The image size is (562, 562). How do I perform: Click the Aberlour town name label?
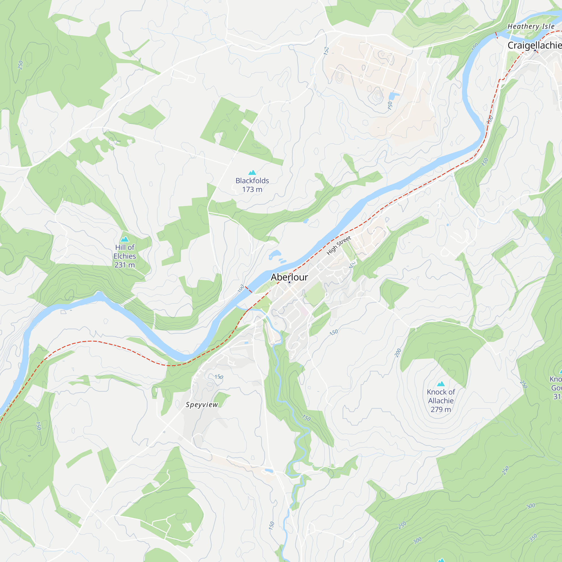click(289, 277)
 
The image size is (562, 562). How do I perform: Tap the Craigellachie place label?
click(534, 45)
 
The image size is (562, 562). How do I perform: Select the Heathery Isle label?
click(531, 26)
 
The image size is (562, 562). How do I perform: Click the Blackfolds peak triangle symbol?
click(252, 173)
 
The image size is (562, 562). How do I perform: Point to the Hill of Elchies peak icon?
click(125, 239)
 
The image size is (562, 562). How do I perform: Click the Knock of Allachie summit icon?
click(441, 384)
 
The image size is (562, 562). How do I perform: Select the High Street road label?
click(339, 245)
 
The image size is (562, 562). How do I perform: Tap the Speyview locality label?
click(201, 405)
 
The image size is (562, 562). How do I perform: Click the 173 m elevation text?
click(252, 189)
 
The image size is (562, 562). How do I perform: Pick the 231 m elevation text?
click(124, 265)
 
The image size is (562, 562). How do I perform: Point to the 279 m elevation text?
click(441, 410)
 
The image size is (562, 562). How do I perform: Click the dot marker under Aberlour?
click(289, 282)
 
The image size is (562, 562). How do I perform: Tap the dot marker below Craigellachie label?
click(535, 50)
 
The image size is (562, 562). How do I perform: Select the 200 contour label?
click(398, 353)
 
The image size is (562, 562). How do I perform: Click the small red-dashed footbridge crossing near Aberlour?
click(248, 289)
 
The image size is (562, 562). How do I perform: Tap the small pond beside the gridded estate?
click(393, 96)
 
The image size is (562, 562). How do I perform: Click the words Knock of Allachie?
click(441, 396)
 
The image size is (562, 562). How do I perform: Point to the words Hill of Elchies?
click(124, 251)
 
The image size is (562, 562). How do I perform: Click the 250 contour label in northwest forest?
click(20, 65)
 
